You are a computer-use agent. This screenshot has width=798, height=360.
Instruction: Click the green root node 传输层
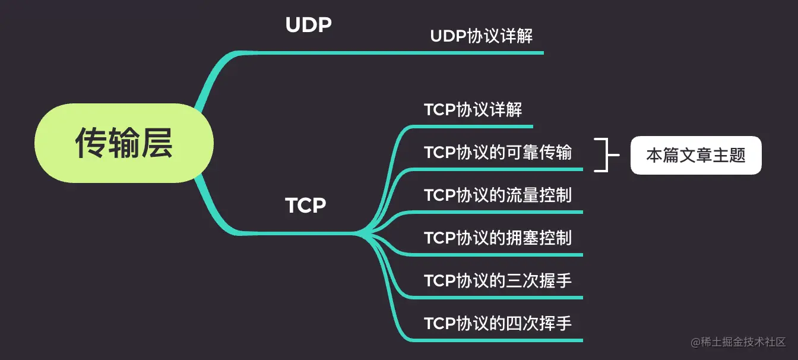pyautogui.click(x=123, y=143)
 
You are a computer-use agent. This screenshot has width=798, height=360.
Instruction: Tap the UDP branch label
pyautogui.click(x=308, y=25)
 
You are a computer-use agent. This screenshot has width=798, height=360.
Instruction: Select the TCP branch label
pyautogui.click(x=306, y=206)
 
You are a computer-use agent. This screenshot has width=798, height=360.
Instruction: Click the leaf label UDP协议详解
pyautogui.click(x=482, y=36)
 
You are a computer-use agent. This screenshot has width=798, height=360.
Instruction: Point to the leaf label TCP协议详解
pyautogui.click(x=473, y=110)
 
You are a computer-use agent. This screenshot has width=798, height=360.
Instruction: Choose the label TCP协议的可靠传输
pyautogui.click(x=498, y=153)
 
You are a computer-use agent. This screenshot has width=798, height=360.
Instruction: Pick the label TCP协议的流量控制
pyautogui.click(x=498, y=195)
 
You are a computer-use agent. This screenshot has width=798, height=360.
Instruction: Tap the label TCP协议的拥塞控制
pyautogui.click(x=498, y=238)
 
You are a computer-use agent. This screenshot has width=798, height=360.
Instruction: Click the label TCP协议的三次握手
pyautogui.click(x=498, y=281)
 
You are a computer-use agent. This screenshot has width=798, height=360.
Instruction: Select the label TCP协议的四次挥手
pyautogui.click(x=498, y=324)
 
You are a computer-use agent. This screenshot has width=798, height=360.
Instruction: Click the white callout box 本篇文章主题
pyautogui.click(x=695, y=156)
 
